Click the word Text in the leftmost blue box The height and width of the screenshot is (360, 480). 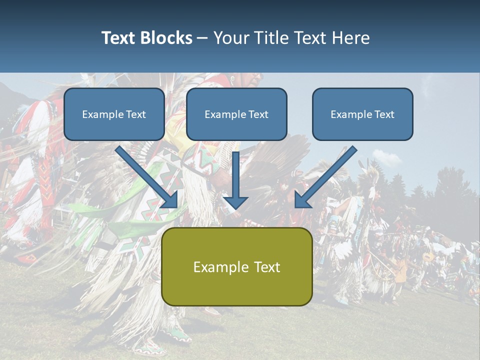point(135,114)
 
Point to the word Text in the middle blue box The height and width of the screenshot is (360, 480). point(258,114)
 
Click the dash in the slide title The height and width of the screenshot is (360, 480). point(202,38)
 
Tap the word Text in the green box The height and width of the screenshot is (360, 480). point(267,267)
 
